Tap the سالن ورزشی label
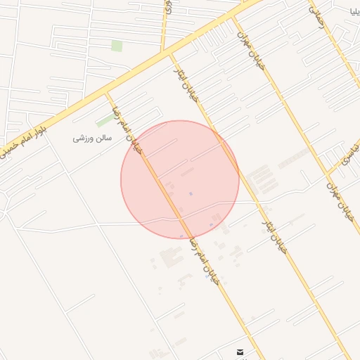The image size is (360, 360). pyautogui.click(x=92, y=139)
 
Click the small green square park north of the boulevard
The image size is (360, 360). pyautogui.click(x=116, y=46)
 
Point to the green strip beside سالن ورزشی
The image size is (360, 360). pyautogui.click(x=105, y=121)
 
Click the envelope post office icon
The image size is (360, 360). pyautogui.click(x=240, y=352)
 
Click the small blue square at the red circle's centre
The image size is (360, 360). pyautogui.click(x=191, y=193)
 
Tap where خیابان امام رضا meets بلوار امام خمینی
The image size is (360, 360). pyautogui.click(x=107, y=93)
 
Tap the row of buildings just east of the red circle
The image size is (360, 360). pyautogui.click(x=261, y=179)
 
